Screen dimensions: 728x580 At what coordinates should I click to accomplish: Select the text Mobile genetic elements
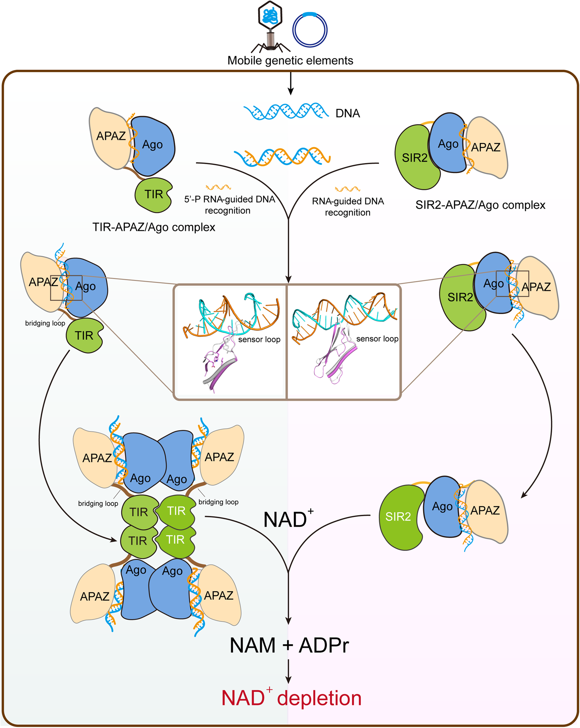(290, 60)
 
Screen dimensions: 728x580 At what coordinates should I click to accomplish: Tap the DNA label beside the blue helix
(348, 113)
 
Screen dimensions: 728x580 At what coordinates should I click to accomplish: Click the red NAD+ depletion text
(291, 698)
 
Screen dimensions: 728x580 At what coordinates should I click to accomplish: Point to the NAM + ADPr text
(289, 645)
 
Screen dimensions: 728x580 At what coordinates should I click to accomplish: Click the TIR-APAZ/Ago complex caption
(154, 227)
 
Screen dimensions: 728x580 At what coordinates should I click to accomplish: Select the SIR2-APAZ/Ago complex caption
(480, 205)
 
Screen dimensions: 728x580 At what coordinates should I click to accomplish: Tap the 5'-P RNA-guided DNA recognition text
(229, 205)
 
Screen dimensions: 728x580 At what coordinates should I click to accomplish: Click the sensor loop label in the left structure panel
(259, 339)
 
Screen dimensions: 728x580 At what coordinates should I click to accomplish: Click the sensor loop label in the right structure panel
(377, 339)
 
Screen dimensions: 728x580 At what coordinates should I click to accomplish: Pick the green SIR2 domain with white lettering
(400, 517)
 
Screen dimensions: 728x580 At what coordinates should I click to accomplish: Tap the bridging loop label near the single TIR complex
(45, 323)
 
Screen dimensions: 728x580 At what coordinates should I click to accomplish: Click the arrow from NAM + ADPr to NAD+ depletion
(288, 672)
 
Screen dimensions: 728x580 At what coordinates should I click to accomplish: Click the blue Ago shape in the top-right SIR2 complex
(448, 144)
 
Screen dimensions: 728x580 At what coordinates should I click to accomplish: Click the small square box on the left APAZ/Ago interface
(66, 288)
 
